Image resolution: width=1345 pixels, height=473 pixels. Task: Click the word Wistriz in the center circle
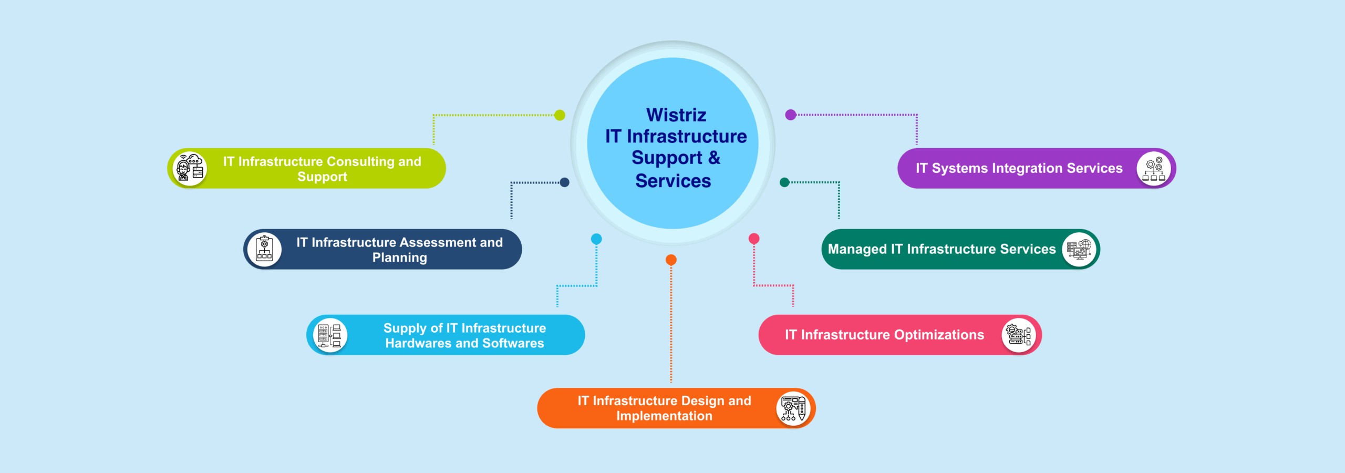click(x=676, y=115)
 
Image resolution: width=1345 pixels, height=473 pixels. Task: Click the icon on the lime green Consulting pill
click(x=190, y=168)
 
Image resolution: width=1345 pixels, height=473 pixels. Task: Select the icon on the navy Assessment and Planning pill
click(x=264, y=249)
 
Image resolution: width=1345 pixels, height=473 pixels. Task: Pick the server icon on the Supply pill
click(x=330, y=335)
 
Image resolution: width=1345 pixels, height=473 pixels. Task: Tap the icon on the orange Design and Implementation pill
click(x=793, y=408)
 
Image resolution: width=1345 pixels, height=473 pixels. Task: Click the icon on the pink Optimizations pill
click(x=1018, y=335)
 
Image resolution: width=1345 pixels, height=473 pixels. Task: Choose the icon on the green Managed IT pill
click(x=1079, y=249)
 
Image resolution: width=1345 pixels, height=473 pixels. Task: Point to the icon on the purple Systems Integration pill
click(x=1153, y=168)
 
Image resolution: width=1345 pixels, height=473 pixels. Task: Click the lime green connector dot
click(x=560, y=115)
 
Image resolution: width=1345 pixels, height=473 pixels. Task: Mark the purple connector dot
click(x=790, y=115)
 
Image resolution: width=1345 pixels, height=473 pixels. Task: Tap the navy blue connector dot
click(x=564, y=182)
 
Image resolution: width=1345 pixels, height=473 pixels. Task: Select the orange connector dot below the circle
click(x=671, y=260)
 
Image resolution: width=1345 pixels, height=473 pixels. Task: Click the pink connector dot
click(x=754, y=239)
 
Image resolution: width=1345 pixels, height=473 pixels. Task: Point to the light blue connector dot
click(x=596, y=239)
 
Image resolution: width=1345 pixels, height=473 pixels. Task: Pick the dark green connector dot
click(x=784, y=182)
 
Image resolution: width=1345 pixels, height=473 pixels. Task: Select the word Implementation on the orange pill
click(x=664, y=416)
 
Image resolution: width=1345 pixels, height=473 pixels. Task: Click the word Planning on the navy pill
click(x=399, y=258)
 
